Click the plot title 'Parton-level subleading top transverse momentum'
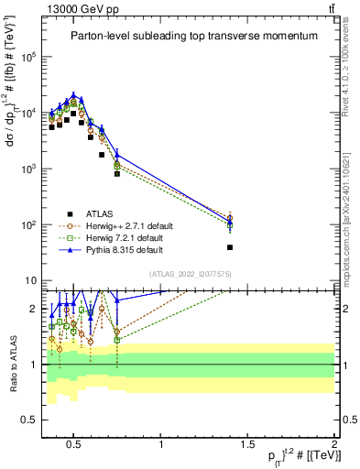click(x=194, y=36)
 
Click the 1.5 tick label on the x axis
click(x=247, y=446)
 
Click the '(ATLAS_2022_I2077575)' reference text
click(x=189, y=273)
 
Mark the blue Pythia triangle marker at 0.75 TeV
click(x=117, y=156)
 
